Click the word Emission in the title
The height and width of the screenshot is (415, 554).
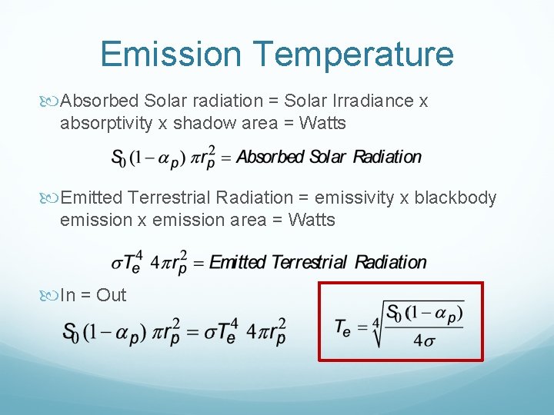click(171, 55)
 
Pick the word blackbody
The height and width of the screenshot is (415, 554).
click(456, 198)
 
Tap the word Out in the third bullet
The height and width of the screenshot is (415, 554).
click(112, 295)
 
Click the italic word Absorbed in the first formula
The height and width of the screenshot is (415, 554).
click(269, 157)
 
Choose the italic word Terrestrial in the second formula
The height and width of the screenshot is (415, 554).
click(308, 262)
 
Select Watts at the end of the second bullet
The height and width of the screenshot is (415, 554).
click(311, 220)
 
